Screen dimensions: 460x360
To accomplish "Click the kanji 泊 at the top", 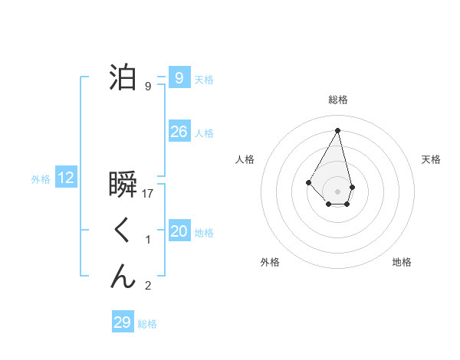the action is pos(123,77).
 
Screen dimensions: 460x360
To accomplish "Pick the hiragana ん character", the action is pos(123,276).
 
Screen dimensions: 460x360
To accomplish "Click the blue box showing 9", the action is pos(179,77).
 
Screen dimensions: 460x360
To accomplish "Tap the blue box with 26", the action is pos(179,132).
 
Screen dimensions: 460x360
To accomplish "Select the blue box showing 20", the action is pos(179,231).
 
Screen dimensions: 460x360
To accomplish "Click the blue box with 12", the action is pos(66,178).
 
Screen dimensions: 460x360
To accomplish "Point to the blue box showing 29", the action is pos(122,322).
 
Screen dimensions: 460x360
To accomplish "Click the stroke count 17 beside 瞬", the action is pos(148,194).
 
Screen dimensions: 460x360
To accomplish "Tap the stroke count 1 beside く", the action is pos(148,240).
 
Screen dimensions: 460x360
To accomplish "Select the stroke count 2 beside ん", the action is pos(148,286).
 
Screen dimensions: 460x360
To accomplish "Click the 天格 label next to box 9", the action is pos(204,79).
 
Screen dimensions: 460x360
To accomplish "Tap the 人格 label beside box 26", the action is pos(204,133).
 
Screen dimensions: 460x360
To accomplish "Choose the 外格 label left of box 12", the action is pos(41,179).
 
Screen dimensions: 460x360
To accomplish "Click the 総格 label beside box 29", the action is pos(147,324).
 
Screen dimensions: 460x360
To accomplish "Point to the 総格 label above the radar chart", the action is pos(338,100).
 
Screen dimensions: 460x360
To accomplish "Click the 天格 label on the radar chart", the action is pos(432,159).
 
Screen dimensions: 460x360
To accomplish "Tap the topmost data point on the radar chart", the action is pos(338,129).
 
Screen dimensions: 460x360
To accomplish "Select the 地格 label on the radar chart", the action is pos(402,262).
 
